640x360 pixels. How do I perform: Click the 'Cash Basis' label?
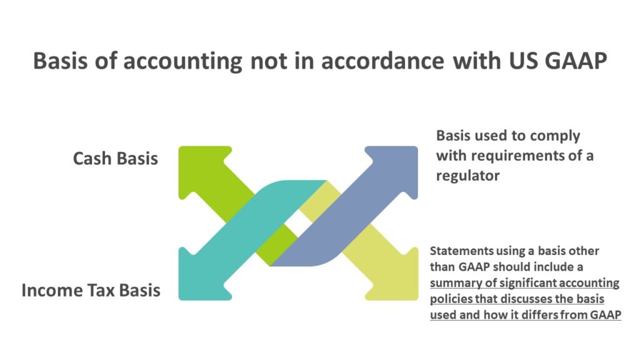116,159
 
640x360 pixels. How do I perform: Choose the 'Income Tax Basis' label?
91,291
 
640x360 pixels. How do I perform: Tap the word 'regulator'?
467,176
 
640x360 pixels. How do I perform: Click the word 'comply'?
554,136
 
